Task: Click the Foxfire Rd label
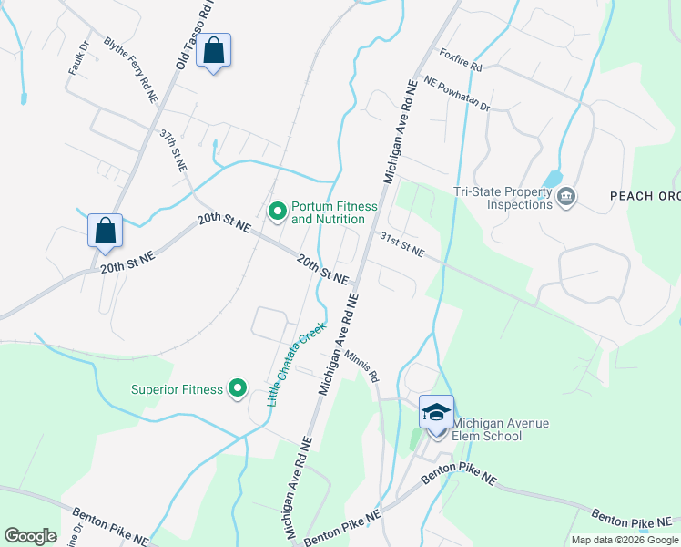click(460, 59)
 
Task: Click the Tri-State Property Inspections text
click(503, 198)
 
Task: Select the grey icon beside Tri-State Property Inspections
click(566, 197)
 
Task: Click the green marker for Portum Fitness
click(277, 212)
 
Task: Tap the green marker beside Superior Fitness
click(238, 389)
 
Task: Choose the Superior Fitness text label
click(177, 389)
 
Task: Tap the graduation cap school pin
click(437, 412)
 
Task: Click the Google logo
click(30, 536)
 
